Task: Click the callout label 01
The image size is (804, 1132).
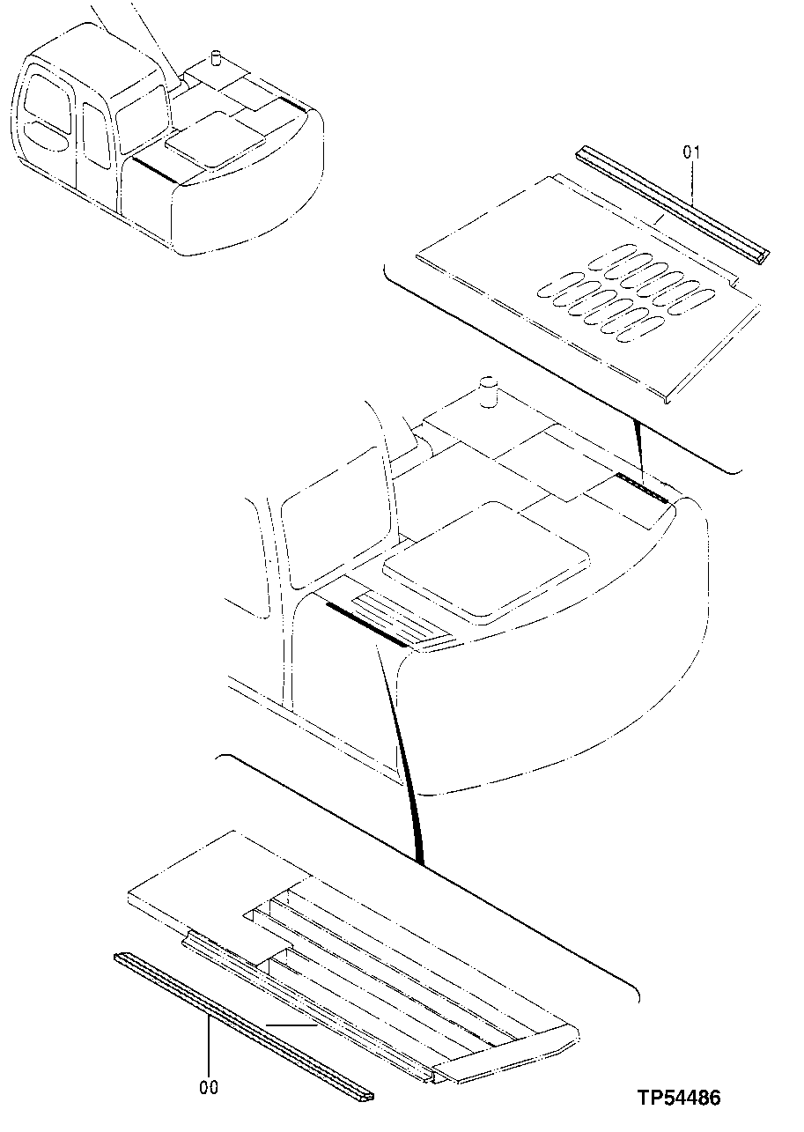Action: tap(691, 153)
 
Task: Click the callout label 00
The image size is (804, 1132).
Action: tap(209, 1089)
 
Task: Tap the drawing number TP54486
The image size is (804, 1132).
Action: tap(680, 1098)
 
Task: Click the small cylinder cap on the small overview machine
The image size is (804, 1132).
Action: tap(212, 59)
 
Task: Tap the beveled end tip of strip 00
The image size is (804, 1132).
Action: tap(363, 1096)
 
